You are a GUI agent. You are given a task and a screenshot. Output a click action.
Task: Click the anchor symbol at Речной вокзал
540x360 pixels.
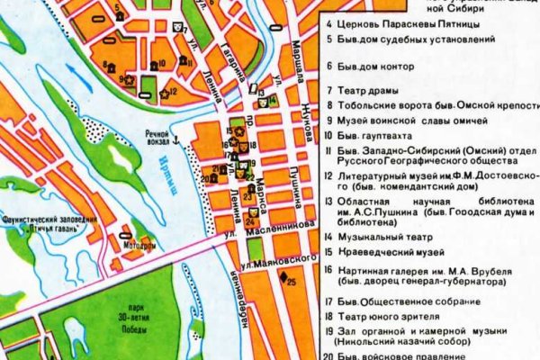(x=177, y=139)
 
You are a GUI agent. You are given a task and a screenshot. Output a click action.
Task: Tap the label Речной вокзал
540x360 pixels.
(x=151, y=139)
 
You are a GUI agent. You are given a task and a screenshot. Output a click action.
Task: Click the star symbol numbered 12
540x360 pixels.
(x=163, y=93)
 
